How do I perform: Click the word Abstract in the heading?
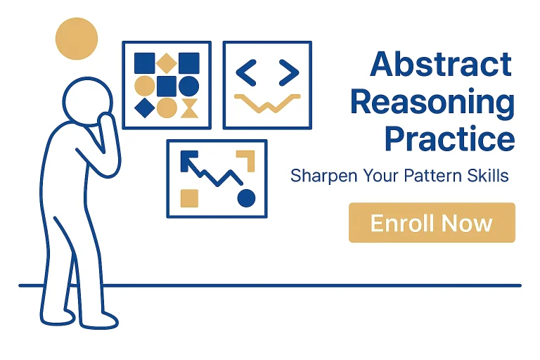click(441, 64)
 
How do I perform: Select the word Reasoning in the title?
click(432, 103)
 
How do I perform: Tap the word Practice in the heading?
click(449, 139)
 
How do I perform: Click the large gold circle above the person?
click(77, 39)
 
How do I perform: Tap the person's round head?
click(88, 101)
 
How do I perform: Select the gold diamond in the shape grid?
click(167, 63)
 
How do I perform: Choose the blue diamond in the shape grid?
click(145, 108)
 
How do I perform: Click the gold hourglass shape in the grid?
click(189, 108)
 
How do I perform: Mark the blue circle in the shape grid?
click(188, 86)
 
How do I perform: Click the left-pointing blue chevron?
click(246, 72)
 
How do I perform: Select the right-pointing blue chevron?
click(289, 72)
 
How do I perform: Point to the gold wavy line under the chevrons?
click(267, 103)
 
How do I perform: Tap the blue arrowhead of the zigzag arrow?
click(187, 159)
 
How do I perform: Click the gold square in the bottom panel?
click(189, 198)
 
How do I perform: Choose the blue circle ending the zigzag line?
click(247, 198)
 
